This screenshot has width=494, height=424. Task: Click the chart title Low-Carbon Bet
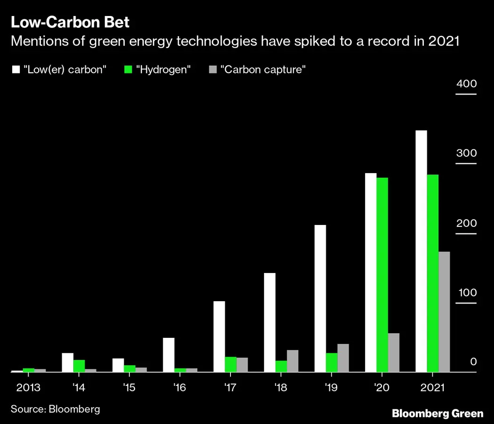(x=70, y=22)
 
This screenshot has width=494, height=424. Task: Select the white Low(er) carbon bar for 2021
(x=421, y=251)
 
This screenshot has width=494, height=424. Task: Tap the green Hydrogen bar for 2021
(x=432, y=273)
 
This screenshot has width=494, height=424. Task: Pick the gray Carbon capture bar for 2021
(x=444, y=312)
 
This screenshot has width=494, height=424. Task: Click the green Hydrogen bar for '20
(x=382, y=274)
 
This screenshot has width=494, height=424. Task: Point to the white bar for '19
(x=320, y=298)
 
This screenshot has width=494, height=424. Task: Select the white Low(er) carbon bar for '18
(x=270, y=322)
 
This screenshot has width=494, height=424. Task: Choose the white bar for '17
(x=219, y=336)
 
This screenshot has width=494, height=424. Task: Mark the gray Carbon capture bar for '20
(x=393, y=352)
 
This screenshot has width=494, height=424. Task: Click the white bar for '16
(x=168, y=355)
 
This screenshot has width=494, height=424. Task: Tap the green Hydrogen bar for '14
(x=79, y=366)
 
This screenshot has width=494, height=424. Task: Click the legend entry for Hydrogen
(x=157, y=70)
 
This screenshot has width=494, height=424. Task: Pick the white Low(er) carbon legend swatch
(x=16, y=70)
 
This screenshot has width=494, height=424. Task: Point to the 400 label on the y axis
(x=466, y=84)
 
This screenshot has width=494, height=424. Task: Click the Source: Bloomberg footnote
(x=56, y=409)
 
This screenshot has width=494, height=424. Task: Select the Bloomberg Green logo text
(x=438, y=414)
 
